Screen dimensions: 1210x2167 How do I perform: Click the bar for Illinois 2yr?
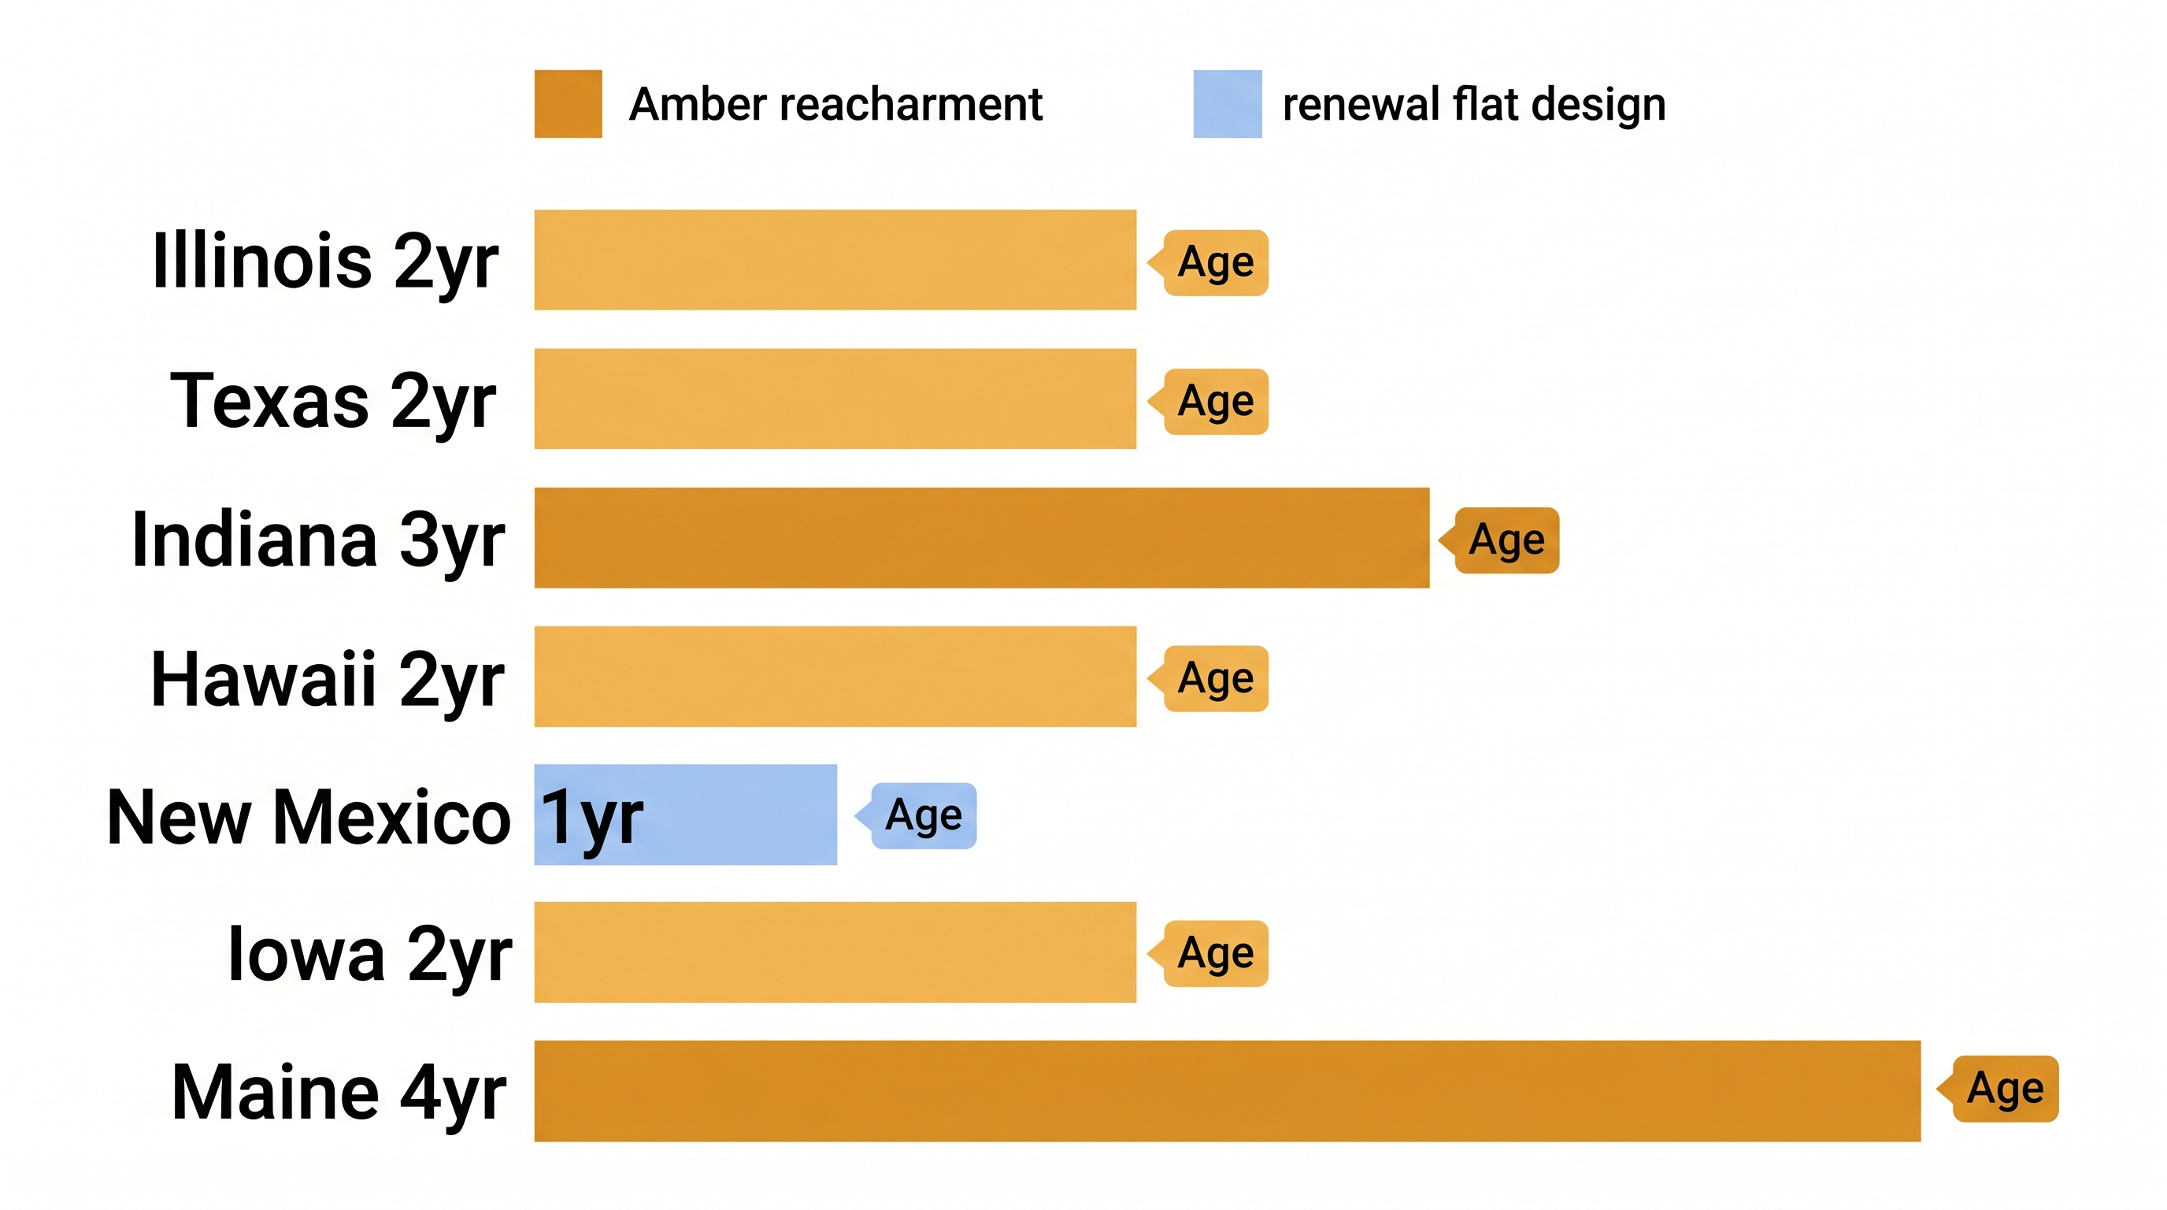(x=835, y=260)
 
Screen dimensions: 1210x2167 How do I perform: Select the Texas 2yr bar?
(x=835, y=399)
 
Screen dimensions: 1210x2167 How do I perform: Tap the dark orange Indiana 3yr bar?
(x=981, y=538)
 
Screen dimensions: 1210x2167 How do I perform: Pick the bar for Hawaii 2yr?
(x=835, y=677)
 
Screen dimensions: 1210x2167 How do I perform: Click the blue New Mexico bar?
(x=740, y=815)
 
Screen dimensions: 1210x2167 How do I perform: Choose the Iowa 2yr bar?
(x=835, y=952)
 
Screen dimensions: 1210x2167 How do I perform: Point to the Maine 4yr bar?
(x=1227, y=1090)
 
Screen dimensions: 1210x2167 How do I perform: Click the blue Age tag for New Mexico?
(x=923, y=815)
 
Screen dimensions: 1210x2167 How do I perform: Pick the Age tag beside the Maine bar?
(x=2005, y=1089)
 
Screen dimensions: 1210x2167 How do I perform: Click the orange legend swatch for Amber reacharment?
(x=568, y=103)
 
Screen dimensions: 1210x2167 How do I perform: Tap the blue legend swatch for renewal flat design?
(x=1228, y=103)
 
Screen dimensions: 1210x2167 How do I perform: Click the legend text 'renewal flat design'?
(x=1474, y=104)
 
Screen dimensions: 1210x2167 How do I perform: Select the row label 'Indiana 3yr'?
(x=318, y=540)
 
